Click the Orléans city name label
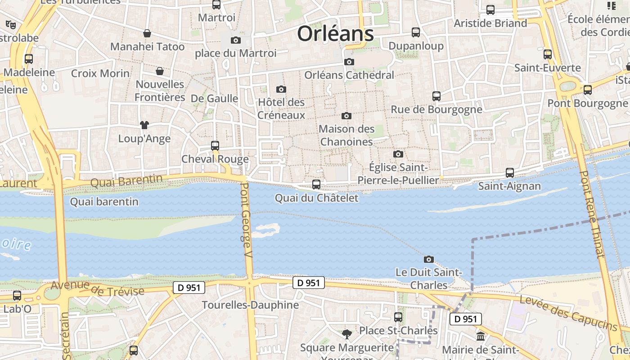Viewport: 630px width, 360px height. click(335, 34)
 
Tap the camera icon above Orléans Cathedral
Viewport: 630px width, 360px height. click(349, 62)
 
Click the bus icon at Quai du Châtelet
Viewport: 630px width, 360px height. click(316, 184)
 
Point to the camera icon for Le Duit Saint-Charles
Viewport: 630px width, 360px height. click(429, 259)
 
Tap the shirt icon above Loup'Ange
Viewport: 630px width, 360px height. click(144, 125)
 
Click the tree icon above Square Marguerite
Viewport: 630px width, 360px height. click(346, 334)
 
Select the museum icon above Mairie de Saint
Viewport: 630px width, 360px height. click(481, 336)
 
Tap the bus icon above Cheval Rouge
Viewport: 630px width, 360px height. click(215, 146)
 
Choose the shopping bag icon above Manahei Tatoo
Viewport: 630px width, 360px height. click(147, 33)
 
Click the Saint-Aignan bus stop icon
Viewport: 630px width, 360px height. click(510, 173)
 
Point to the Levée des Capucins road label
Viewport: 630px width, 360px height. click(569, 313)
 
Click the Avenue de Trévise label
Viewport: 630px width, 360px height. click(97, 288)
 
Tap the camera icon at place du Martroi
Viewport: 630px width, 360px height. click(235, 40)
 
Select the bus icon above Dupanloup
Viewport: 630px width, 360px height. click(416, 32)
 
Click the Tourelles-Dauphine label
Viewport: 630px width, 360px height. click(250, 305)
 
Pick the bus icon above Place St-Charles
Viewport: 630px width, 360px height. click(398, 317)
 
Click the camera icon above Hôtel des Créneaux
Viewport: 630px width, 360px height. click(281, 89)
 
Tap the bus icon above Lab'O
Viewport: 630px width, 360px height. click(17, 296)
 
